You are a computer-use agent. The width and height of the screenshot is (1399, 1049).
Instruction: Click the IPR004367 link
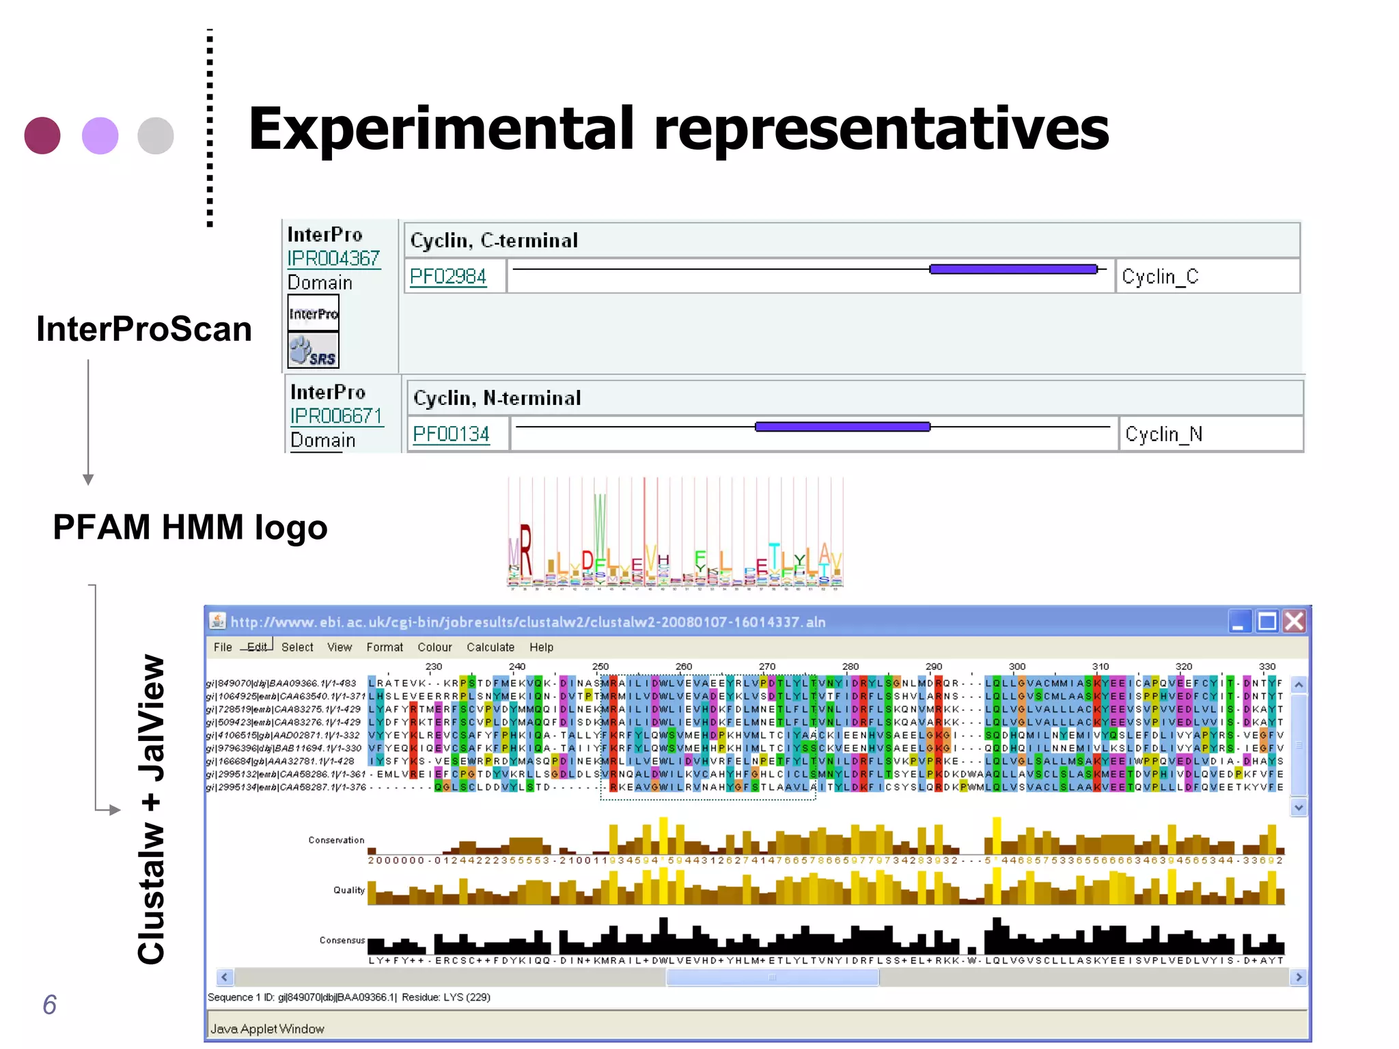click(333, 259)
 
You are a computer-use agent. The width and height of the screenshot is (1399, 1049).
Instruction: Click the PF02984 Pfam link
click(447, 277)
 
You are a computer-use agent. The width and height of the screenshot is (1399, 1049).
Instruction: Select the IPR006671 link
click(336, 416)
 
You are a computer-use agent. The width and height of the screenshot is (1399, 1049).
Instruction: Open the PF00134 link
click(451, 434)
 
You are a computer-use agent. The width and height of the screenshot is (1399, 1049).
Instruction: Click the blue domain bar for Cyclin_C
click(1013, 269)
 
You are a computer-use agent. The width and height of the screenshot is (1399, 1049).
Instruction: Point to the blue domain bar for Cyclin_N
click(842, 427)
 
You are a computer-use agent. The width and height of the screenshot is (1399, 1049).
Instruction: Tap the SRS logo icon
click(313, 351)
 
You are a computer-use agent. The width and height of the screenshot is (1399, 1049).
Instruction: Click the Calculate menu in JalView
click(490, 647)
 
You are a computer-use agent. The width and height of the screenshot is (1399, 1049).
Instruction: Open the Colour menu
click(434, 647)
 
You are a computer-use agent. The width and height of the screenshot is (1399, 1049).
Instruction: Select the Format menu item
click(385, 647)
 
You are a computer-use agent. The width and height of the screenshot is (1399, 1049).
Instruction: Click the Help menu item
click(541, 647)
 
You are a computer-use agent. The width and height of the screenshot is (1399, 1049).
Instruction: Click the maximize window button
click(1267, 621)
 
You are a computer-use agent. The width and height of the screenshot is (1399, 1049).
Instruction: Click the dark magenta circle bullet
click(42, 135)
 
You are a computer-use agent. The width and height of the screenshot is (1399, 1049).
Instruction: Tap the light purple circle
click(100, 135)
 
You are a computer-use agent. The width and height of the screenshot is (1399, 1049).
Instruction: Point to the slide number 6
click(49, 1005)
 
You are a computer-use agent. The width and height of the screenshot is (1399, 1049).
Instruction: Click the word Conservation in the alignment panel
click(336, 840)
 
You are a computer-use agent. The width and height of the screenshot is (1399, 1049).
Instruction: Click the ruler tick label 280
click(850, 667)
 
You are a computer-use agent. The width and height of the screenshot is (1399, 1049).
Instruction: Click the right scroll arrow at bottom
click(1298, 977)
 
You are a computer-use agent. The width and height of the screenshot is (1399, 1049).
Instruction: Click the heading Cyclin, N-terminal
click(497, 398)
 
